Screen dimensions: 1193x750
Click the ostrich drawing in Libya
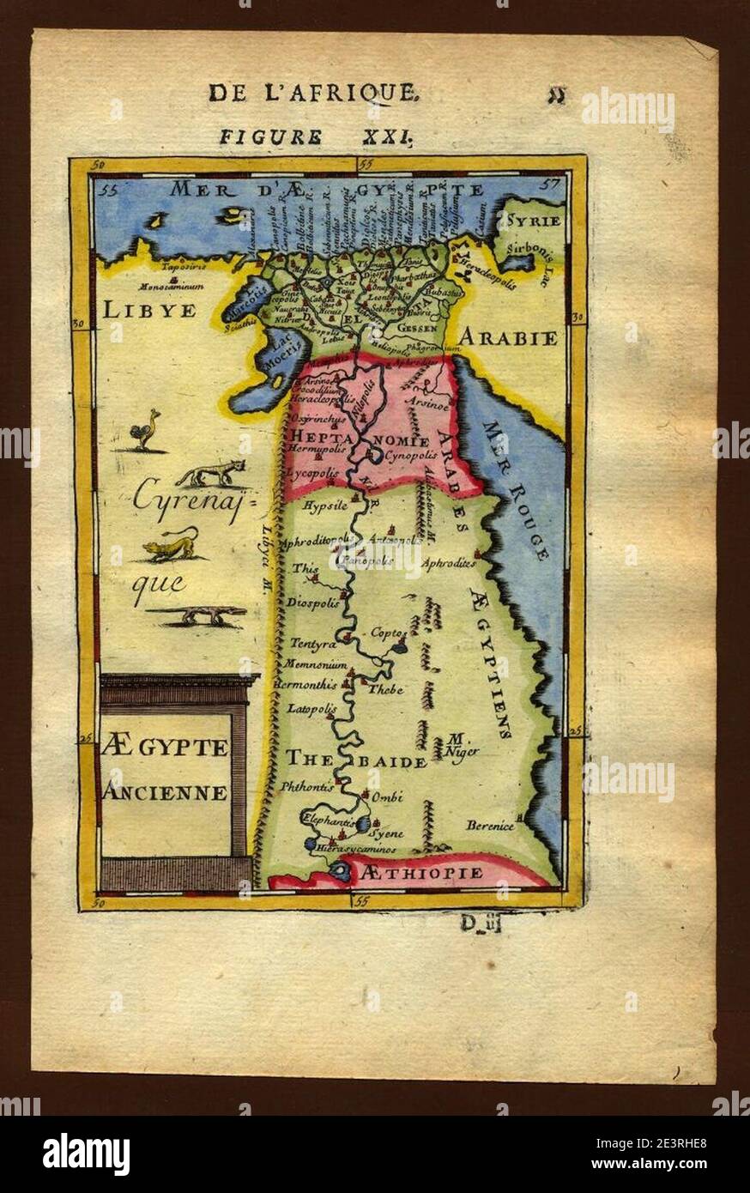[x=147, y=430]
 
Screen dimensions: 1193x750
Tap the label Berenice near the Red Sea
[x=490, y=826]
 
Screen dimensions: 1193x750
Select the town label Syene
[x=386, y=832]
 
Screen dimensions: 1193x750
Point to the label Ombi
[x=388, y=796]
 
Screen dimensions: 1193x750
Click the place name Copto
[x=385, y=633]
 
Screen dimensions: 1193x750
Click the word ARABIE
[x=506, y=337]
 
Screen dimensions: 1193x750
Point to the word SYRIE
[x=533, y=221]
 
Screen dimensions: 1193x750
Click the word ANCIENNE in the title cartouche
[x=165, y=792]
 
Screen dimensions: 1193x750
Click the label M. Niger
[x=462, y=746]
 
